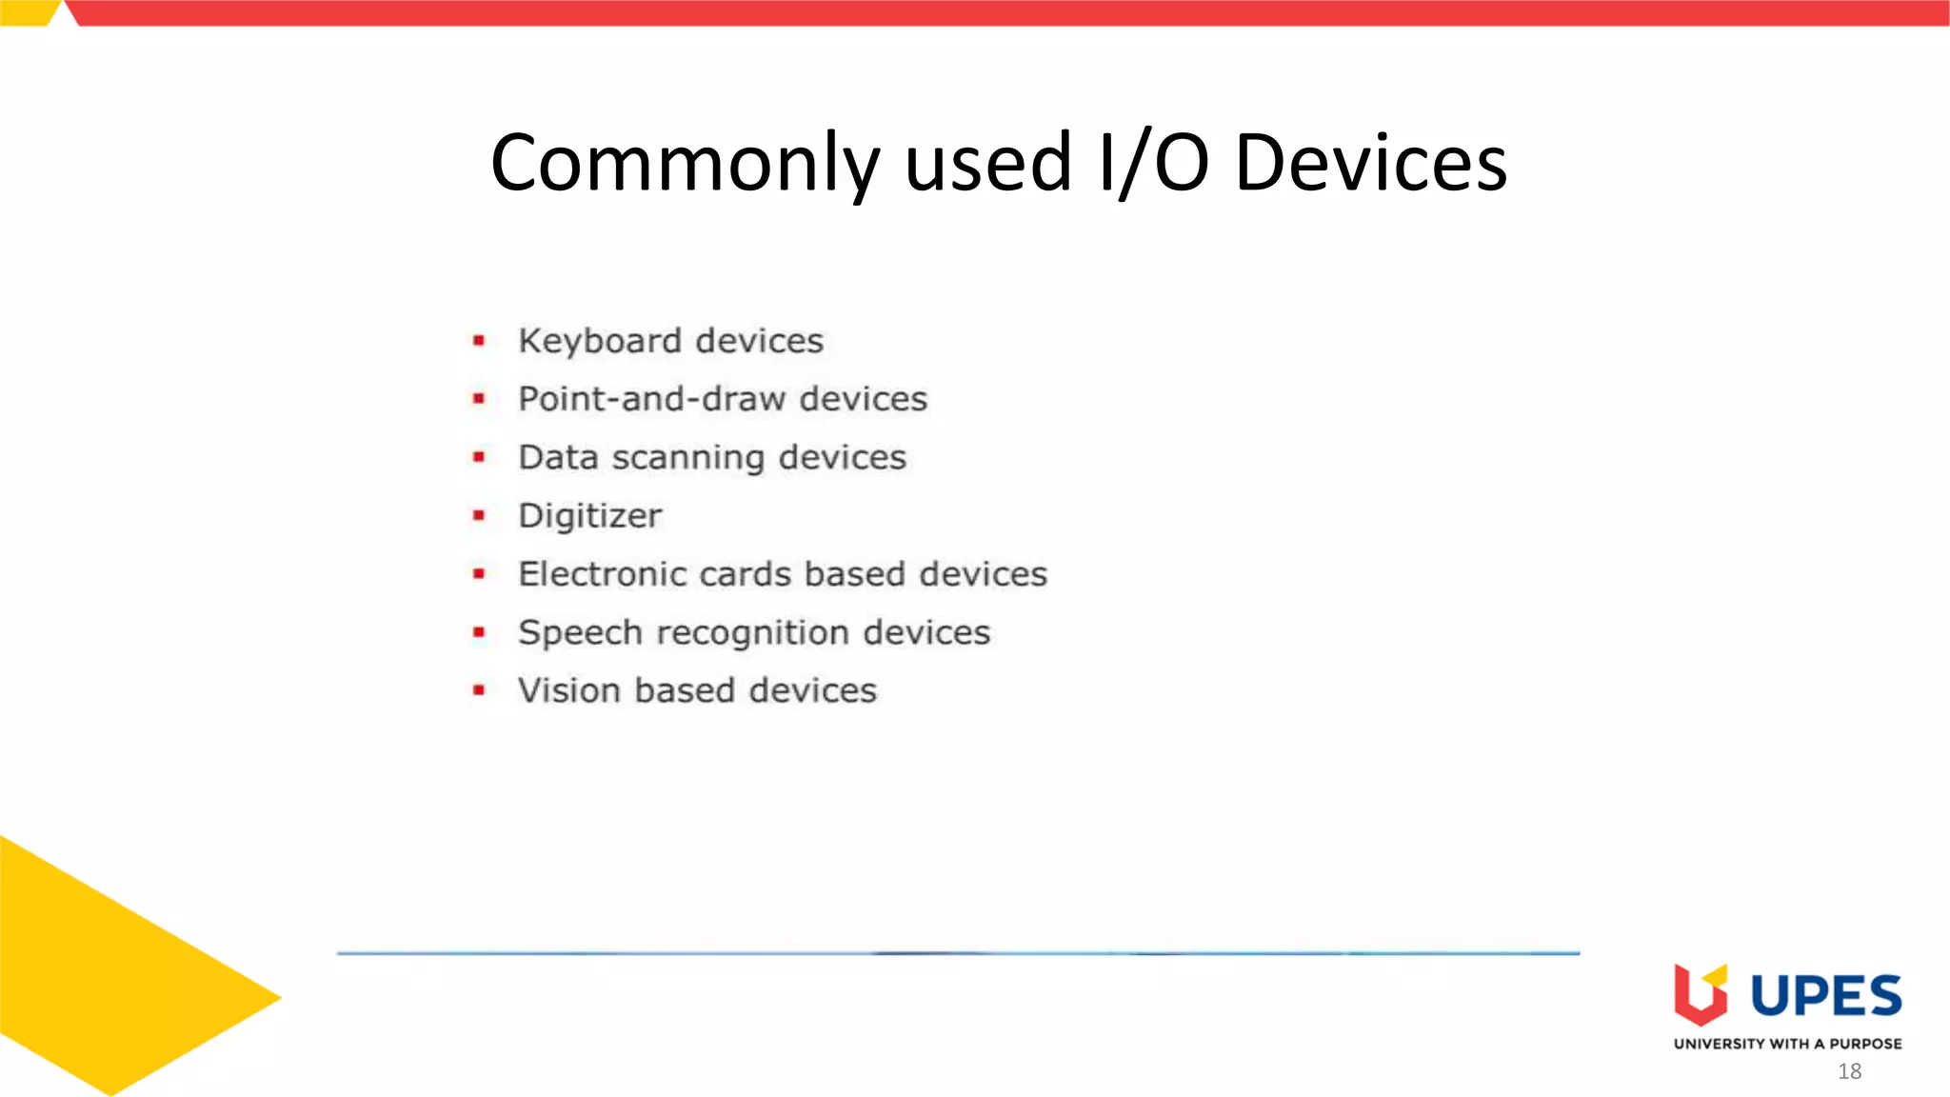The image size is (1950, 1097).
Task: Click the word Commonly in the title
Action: pos(685,164)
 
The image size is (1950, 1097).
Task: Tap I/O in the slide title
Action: pos(1153,164)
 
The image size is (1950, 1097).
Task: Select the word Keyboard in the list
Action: pos(600,341)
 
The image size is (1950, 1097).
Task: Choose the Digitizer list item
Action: pos(589,516)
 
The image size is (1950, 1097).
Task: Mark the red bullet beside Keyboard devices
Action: pos(479,340)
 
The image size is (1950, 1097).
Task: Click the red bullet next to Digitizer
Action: pos(479,515)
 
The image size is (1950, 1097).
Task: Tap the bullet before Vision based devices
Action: pos(479,689)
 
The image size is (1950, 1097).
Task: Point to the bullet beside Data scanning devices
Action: pos(479,457)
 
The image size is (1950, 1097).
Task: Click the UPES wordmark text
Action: pos(1825,996)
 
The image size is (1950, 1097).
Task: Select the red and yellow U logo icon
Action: pos(1701,994)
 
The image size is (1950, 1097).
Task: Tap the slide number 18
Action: pos(1849,1071)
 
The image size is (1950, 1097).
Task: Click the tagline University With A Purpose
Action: pos(1787,1044)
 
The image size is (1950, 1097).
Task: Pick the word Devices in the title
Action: pos(1370,164)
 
